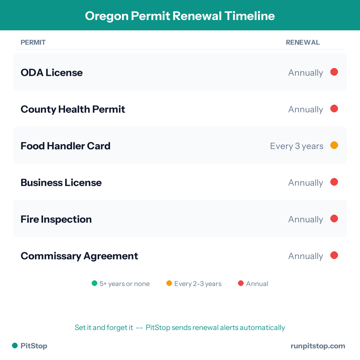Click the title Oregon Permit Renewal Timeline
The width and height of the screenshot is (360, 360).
coord(180,16)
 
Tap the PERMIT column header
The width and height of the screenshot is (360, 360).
coord(33,42)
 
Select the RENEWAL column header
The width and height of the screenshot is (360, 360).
coord(303,42)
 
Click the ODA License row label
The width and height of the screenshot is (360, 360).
coord(52,72)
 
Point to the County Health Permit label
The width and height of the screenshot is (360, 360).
coord(73,109)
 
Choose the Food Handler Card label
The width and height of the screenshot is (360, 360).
coord(65,146)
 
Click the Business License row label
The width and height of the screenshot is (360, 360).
coord(61,182)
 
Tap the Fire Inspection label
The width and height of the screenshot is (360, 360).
coord(56,219)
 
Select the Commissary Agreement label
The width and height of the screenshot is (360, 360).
coord(79,256)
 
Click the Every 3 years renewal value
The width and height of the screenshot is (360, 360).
coord(297,146)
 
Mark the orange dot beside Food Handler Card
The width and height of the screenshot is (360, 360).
coord(334,145)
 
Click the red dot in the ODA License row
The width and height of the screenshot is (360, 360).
coord(334,72)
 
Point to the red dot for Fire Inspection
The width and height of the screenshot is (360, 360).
coord(334,219)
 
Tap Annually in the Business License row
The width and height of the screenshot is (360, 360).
coord(306,183)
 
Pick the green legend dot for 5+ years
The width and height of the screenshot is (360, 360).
coord(95,283)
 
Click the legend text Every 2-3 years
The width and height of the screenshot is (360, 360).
coord(198,284)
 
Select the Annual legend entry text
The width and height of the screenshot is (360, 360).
coord(257,284)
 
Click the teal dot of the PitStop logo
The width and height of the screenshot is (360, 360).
coord(15,346)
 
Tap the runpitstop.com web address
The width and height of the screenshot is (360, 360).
coord(318,346)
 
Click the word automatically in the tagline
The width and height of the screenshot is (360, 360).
coord(262,327)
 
